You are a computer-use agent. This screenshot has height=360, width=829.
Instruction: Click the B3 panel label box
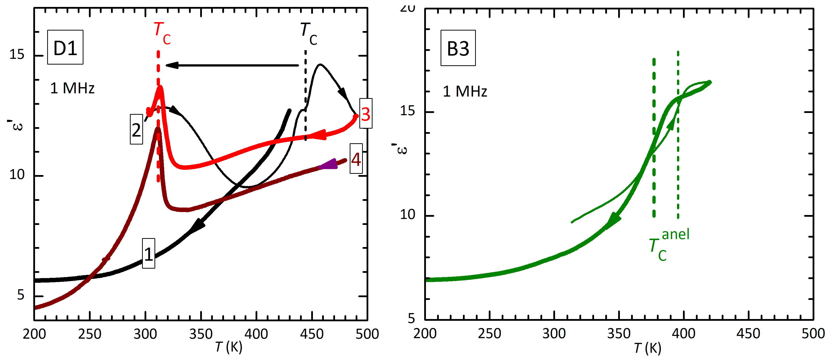click(x=458, y=48)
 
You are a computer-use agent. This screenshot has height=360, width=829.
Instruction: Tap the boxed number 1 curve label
click(x=148, y=253)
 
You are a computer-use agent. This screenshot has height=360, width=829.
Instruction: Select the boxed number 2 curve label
click(x=136, y=129)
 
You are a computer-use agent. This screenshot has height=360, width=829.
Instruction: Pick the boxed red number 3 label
click(x=366, y=113)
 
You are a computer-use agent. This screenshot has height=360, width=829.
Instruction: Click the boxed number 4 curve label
click(x=356, y=159)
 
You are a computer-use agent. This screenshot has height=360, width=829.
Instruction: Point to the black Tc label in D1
click(x=308, y=34)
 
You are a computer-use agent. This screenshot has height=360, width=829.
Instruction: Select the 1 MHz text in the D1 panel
click(x=73, y=88)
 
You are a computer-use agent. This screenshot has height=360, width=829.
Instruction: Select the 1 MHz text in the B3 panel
click(x=465, y=91)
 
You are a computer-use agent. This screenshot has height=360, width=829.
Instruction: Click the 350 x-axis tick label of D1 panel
click(x=201, y=334)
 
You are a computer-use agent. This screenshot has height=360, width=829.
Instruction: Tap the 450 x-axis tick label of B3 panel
click(x=748, y=333)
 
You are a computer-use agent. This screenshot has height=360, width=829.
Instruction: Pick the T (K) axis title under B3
click(x=647, y=348)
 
